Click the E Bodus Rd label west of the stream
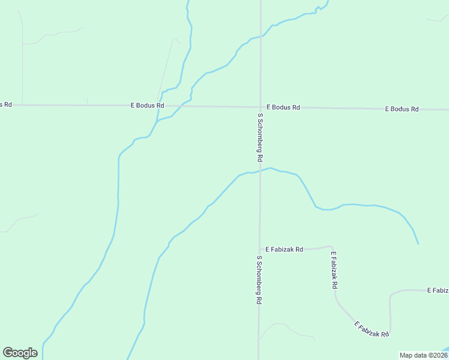(x=148, y=106)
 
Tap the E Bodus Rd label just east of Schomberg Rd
(x=283, y=107)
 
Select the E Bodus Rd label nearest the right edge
(x=402, y=109)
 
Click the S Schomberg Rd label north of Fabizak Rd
(x=260, y=137)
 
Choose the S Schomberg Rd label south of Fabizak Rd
(x=259, y=280)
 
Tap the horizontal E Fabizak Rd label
(x=285, y=249)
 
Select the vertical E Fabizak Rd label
(x=334, y=271)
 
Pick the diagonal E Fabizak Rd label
(x=372, y=329)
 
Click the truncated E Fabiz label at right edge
(x=438, y=290)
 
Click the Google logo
(x=20, y=353)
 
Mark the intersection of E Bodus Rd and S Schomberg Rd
(x=260, y=107)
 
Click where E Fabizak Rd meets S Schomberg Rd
(x=259, y=249)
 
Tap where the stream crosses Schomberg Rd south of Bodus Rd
(x=260, y=172)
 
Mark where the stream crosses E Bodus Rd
(x=179, y=106)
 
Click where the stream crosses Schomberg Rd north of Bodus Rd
(x=260, y=37)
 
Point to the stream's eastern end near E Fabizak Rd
(x=418, y=244)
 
